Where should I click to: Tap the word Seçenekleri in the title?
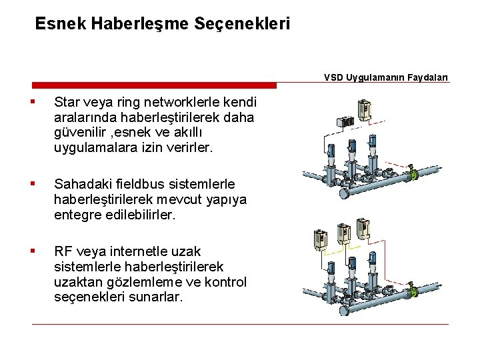[x=243, y=24]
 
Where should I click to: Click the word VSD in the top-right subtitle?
[x=334, y=77]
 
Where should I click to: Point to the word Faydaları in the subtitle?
[x=429, y=77]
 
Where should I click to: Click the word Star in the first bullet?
[x=67, y=103]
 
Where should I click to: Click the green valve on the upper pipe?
[x=413, y=175]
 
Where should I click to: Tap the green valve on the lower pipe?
[x=413, y=291]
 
